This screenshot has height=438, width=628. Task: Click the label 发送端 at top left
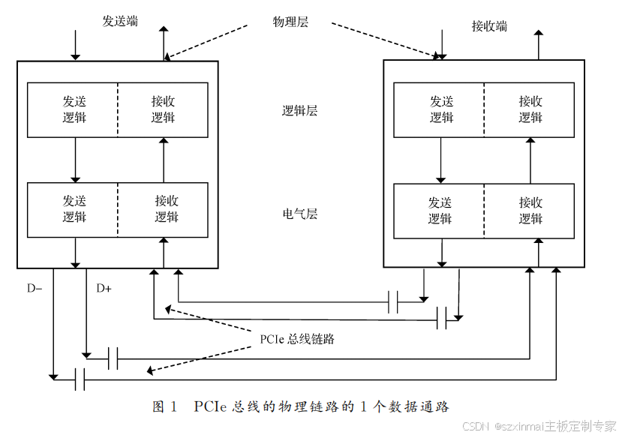(x=120, y=21)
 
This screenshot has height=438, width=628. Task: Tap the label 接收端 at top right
(x=489, y=26)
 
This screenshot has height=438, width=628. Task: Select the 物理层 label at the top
(x=290, y=22)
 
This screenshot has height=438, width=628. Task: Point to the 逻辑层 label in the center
(x=300, y=111)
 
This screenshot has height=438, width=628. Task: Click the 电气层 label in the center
(x=300, y=214)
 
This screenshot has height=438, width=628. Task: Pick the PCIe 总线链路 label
(x=297, y=339)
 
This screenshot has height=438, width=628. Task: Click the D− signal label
(x=35, y=288)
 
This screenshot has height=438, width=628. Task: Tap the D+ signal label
(x=104, y=288)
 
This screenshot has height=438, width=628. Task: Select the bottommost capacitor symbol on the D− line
(x=80, y=379)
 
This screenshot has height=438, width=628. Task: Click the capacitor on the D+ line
(x=113, y=358)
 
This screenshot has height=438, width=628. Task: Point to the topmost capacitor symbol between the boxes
(x=392, y=301)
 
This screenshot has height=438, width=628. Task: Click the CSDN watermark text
(x=476, y=426)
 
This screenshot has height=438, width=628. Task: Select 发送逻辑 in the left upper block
(x=74, y=109)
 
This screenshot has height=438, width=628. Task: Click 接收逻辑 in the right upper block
(x=530, y=109)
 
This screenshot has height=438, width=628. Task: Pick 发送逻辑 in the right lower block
(x=440, y=210)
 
